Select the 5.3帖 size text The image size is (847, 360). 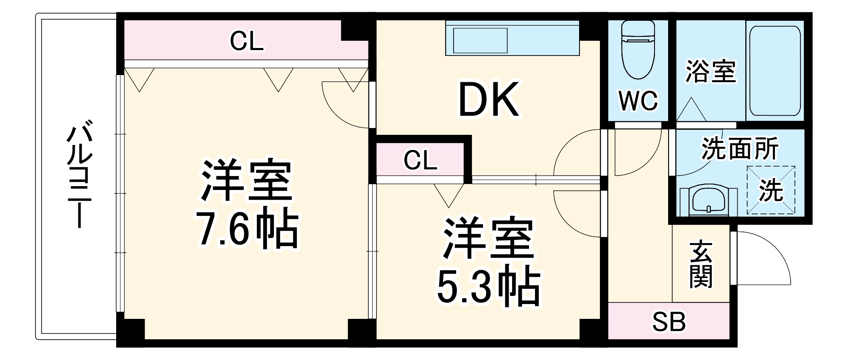coord(488,287)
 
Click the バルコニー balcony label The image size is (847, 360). coord(79,174)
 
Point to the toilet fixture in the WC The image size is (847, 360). coord(638,50)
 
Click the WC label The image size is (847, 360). coord(638,101)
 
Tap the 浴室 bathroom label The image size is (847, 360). coord(711,71)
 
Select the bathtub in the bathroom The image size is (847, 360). coord(775,71)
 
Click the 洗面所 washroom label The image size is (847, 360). coord(740,148)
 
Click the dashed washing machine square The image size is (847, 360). coord(771,190)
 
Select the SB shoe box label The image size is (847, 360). coord(669,322)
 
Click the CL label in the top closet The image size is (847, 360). coord(247,42)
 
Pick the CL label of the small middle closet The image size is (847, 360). coord(420,161)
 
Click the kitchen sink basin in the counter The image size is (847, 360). coord(480,41)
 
